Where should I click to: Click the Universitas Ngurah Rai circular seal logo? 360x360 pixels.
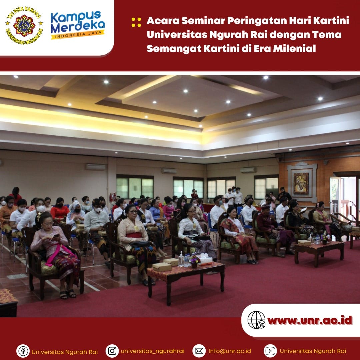pos(24,25)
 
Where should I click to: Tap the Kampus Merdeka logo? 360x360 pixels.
pos(78,25)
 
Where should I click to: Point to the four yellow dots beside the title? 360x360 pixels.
pos(136,22)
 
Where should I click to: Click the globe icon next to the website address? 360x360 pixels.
pos(256,320)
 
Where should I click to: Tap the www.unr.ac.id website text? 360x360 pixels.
pos(310,320)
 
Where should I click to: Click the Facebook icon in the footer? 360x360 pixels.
pos(23,351)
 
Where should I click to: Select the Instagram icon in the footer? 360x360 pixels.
pos(112,351)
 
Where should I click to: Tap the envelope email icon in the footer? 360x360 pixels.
pos(199,351)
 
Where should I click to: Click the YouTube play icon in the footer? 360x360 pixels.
pos(270,351)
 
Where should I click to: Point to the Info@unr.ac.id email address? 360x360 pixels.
pos(230,351)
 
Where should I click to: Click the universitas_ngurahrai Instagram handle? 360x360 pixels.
pos(152,351)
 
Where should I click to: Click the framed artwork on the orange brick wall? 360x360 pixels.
pos(301,183)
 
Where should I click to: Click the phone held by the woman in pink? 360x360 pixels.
pos(56,236)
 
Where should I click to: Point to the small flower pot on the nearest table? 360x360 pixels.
pos(194,261)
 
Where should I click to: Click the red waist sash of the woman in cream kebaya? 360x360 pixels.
pos(134,235)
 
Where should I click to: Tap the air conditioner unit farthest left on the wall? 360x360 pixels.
pos(96,167)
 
